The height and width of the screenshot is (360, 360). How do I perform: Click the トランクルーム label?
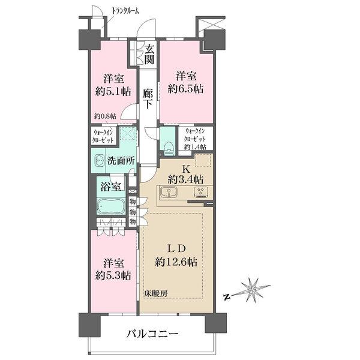click(x=125, y=11)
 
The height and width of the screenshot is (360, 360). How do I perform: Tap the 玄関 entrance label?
click(x=149, y=54)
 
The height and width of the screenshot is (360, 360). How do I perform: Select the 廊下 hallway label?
click(x=148, y=99)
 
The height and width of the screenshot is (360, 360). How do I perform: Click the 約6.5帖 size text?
click(x=186, y=89)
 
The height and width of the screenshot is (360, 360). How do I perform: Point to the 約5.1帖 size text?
click(x=113, y=92)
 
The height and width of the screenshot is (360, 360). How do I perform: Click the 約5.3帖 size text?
click(x=113, y=275)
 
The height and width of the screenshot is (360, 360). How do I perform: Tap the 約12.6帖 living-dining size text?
click(x=176, y=262)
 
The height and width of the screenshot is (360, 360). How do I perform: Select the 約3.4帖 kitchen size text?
click(x=186, y=179)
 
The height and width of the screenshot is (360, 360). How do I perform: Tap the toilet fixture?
click(x=169, y=147)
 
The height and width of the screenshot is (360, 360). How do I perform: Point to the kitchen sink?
click(x=169, y=193)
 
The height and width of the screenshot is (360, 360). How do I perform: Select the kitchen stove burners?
click(x=201, y=193)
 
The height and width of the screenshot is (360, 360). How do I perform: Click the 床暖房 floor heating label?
click(x=156, y=293)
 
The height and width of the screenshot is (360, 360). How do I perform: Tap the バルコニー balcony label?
click(x=152, y=334)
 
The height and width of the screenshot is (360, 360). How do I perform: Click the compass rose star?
click(x=252, y=290)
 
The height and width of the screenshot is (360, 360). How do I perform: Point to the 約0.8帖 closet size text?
click(x=105, y=116)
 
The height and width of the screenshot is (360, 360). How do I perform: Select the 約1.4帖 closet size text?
click(x=195, y=147)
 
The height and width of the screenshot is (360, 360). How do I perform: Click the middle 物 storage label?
click(x=133, y=212)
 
